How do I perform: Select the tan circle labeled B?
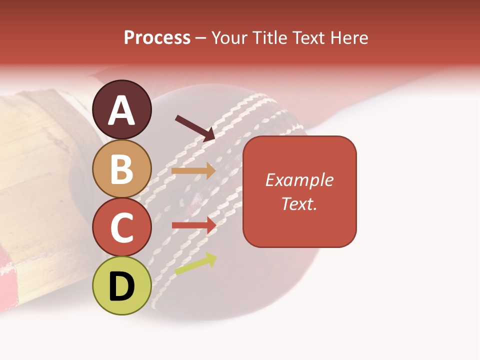[x=122, y=168]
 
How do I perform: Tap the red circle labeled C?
[x=122, y=227]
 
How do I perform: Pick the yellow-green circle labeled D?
[x=122, y=286]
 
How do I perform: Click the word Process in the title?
[x=157, y=37]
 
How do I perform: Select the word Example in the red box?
[x=299, y=180]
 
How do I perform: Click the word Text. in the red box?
[x=299, y=203]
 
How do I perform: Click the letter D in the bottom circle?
[x=122, y=286]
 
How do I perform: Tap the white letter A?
[x=122, y=110]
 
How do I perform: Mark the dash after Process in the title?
[x=200, y=38]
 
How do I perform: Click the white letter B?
[x=122, y=168]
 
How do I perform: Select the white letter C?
[x=122, y=227]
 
